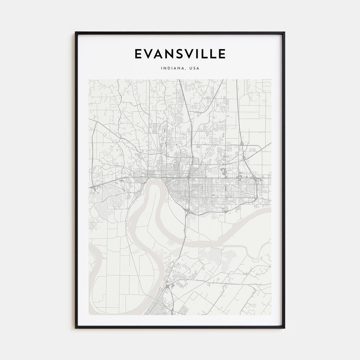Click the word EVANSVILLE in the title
click(180, 54)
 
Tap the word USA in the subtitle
click(194, 68)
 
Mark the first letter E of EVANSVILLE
click(138, 54)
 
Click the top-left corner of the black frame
click(76, 32)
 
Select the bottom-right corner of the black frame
click(284, 328)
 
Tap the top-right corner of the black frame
click(284, 32)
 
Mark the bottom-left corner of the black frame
click(76, 328)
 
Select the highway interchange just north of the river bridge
click(187, 211)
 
